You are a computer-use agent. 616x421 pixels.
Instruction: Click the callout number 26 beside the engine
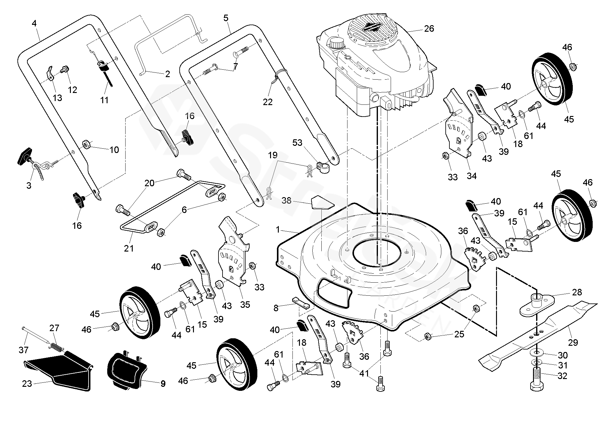(429, 29)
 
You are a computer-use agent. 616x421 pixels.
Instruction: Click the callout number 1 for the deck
(278, 230)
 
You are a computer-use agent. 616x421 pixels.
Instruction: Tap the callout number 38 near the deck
(287, 201)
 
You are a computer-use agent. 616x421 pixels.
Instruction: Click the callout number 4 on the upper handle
(34, 23)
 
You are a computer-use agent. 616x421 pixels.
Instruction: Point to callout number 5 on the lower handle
(226, 18)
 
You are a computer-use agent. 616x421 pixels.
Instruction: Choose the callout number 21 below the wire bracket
(129, 248)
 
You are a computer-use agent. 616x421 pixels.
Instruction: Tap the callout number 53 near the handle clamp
(297, 143)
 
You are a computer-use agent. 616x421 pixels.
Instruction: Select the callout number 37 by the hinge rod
(24, 350)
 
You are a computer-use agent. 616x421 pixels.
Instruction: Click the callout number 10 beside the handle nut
(114, 150)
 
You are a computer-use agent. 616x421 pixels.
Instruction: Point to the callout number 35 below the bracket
(245, 304)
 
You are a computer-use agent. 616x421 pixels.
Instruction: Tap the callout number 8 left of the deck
(276, 308)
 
